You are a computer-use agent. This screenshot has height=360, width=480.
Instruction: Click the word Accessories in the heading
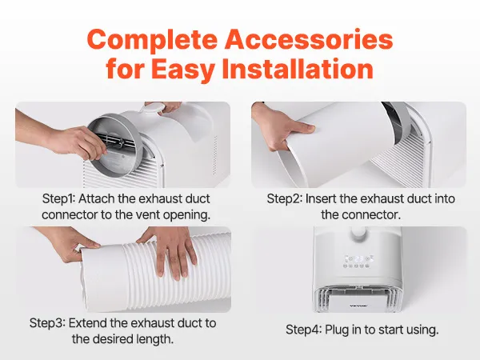pos(309,38)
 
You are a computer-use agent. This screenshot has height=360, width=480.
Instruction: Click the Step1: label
pos(58,198)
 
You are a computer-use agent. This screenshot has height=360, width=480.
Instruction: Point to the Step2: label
pos(284,198)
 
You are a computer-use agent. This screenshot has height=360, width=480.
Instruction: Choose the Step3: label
pos(47,323)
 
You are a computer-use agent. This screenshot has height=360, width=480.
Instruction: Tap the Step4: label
pos(303,330)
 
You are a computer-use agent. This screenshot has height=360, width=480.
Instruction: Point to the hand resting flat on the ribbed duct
pos(170,250)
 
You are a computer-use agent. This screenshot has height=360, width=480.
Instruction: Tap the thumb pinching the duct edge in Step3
pos(87,246)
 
